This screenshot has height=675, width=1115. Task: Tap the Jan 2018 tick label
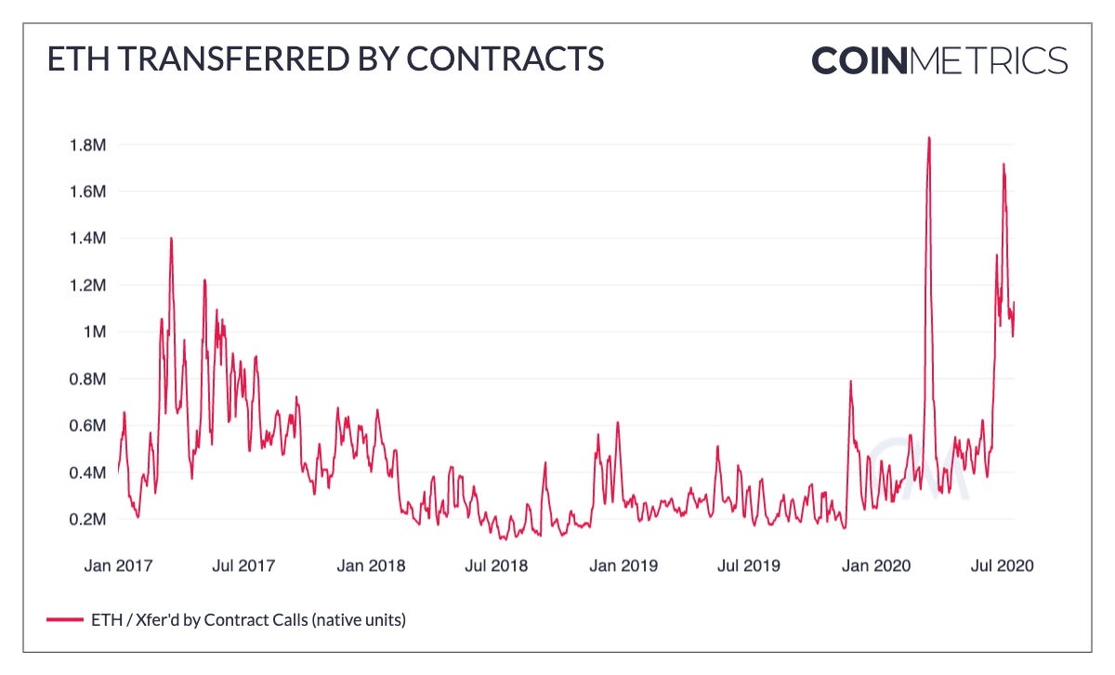(372, 565)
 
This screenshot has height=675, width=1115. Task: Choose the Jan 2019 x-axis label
(624, 565)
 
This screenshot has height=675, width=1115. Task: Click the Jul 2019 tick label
(749, 565)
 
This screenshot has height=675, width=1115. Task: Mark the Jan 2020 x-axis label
(875, 565)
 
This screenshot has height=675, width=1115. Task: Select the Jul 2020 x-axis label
(1001, 565)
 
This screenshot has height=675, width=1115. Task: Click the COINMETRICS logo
(938, 60)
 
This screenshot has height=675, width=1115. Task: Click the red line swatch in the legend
(66, 619)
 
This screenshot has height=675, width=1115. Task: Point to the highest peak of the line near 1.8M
(928, 137)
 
